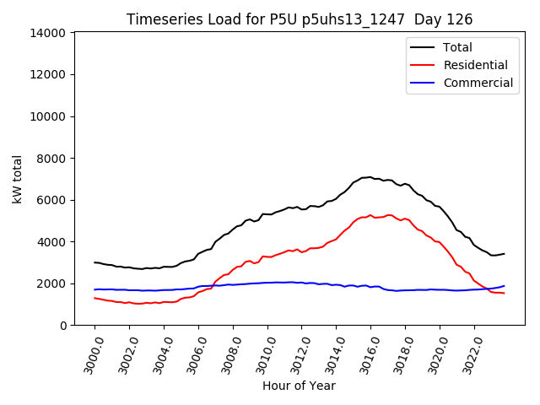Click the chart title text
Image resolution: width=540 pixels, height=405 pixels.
coord(300,19)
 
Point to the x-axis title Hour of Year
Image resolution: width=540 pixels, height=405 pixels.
coord(299,386)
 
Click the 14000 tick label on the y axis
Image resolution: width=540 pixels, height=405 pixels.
coord(48,33)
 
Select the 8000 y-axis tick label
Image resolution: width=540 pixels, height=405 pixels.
coord(51,159)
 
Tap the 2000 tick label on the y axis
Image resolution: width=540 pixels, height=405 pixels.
coord(51,283)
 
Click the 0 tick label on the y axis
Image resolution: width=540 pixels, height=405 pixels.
coord(63,326)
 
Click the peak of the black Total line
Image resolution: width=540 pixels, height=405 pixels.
coord(369,177)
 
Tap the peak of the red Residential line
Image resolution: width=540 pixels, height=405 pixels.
coord(370,215)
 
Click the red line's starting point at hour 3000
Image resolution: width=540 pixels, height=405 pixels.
coord(94,298)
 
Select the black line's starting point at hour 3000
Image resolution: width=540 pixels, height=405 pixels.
coord(94,262)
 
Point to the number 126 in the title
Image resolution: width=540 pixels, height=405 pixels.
coord(461,19)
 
